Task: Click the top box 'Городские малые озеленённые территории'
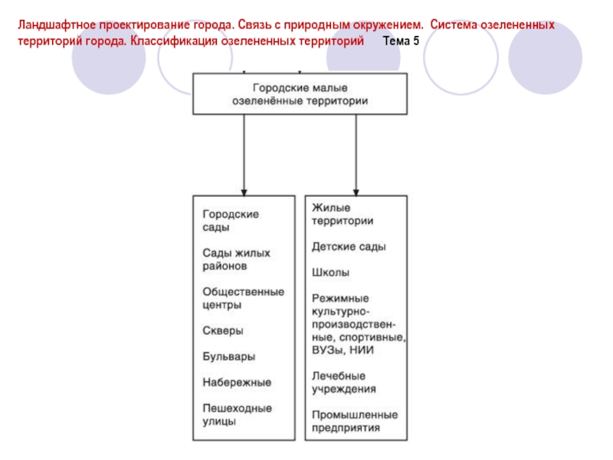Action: [300, 94]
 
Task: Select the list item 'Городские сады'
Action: [231, 220]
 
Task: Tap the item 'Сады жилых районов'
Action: [237, 259]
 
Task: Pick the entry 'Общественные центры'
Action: [243, 297]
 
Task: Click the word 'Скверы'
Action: [223, 331]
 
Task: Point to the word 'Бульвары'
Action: [228, 356]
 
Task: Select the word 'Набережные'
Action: [237, 382]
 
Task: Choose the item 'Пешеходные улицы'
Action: [237, 414]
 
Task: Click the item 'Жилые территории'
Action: [342, 214]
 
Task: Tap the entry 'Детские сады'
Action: [349, 247]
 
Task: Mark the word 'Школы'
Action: [331, 272]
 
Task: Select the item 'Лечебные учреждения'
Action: [343, 382]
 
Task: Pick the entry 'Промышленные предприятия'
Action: [354, 421]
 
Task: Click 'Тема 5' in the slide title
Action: [401, 39]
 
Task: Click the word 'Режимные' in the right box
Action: [340, 297]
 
